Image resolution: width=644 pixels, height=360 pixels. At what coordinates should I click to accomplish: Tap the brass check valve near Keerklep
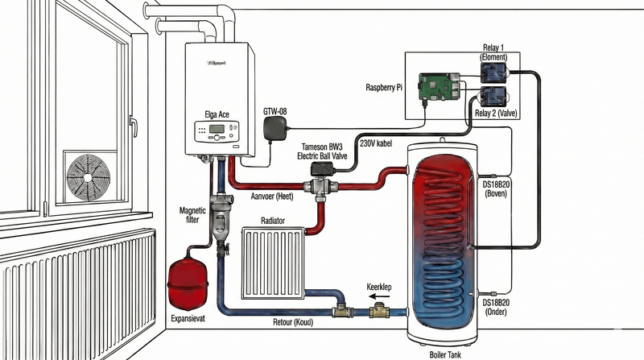click(377, 308)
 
